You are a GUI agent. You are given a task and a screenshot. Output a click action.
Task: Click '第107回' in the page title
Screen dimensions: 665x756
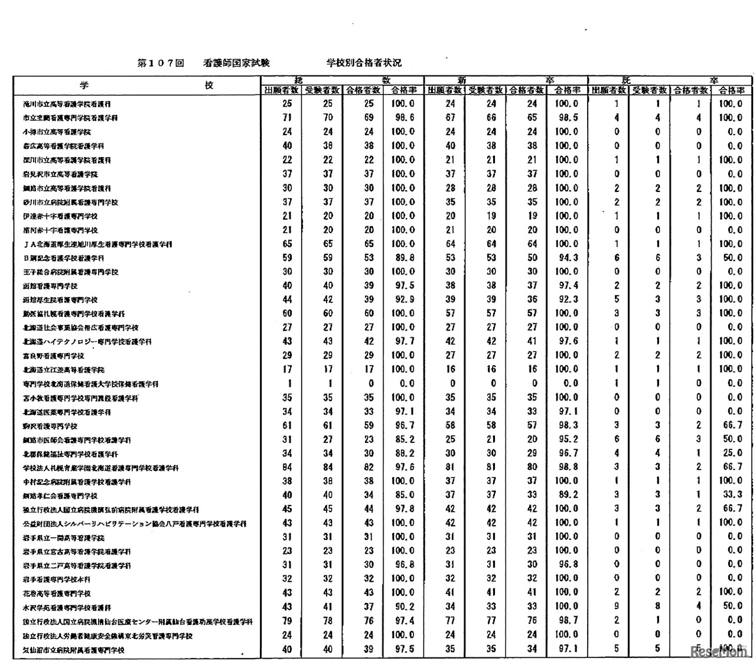click(x=161, y=63)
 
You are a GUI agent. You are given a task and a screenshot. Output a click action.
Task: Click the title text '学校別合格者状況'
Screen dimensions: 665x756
click(x=364, y=63)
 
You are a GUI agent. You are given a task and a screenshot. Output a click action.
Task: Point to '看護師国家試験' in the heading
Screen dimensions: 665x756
click(x=236, y=63)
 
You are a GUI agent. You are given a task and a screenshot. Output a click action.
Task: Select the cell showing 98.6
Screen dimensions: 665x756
click(x=403, y=118)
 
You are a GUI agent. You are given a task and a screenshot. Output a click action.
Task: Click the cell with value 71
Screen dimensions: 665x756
click(x=287, y=118)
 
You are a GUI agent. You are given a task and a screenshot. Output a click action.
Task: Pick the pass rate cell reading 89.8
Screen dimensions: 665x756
click(x=403, y=257)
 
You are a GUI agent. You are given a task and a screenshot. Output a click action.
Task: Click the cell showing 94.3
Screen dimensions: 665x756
click(x=567, y=257)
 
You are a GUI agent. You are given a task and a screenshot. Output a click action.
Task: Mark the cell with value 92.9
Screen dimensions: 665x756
click(x=403, y=299)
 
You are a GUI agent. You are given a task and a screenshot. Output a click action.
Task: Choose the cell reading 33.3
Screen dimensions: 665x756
click(x=731, y=494)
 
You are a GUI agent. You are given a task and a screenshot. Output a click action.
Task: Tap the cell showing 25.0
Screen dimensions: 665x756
click(x=731, y=452)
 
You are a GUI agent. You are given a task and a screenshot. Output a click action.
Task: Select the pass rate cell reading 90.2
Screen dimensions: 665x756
click(x=403, y=606)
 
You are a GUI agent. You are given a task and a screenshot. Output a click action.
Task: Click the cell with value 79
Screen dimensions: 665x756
click(x=287, y=620)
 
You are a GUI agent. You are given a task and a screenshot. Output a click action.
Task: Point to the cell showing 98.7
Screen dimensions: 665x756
click(x=567, y=620)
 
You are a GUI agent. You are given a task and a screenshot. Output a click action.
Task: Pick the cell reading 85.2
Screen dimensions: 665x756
click(x=403, y=439)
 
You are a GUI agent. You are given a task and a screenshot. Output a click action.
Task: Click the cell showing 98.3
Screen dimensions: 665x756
click(x=567, y=425)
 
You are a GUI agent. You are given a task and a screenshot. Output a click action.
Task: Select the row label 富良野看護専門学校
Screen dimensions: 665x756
click(x=53, y=356)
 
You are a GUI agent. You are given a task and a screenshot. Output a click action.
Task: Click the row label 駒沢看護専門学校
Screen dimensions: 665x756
click(x=50, y=426)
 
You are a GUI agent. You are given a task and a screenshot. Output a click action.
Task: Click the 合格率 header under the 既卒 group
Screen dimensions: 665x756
click(x=731, y=90)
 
